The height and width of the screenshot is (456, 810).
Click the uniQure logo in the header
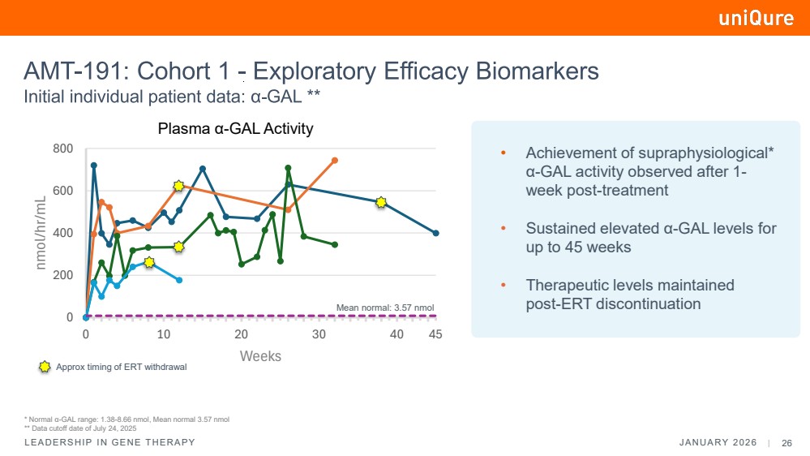pyautogui.click(x=756, y=18)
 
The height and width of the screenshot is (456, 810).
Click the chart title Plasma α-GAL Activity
pyautogui.click(x=235, y=129)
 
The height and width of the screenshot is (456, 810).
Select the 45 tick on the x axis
pyautogui.click(x=435, y=334)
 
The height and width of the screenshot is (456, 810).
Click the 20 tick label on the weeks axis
pyautogui.click(x=241, y=334)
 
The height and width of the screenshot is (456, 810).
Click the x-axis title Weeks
pyautogui.click(x=260, y=356)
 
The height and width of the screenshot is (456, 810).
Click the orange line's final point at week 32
pyautogui.click(x=334, y=160)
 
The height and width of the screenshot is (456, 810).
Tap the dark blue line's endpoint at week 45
pyautogui.click(x=436, y=233)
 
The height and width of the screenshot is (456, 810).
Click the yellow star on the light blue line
pyautogui.click(x=148, y=262)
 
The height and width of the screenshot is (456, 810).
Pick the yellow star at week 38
pyautogui.click(x=381, y=201)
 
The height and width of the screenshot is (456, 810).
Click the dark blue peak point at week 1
pyautogui.click(x=94, y=166)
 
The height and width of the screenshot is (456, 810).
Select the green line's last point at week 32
pyautogui.click(x=334, y=244)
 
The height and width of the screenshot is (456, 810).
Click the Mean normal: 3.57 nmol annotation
pyautogui.click(x=385, y=308)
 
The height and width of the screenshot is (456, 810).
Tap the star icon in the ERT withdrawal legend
pyautogui.click(x=45, y=367)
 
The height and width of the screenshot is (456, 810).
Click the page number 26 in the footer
pyautogui.click(x=786, y=443)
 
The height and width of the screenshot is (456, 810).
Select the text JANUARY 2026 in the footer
pyautogui.click(x=717, y=443)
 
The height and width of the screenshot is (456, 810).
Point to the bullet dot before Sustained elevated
pyautogui.click(x=503, y=230)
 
